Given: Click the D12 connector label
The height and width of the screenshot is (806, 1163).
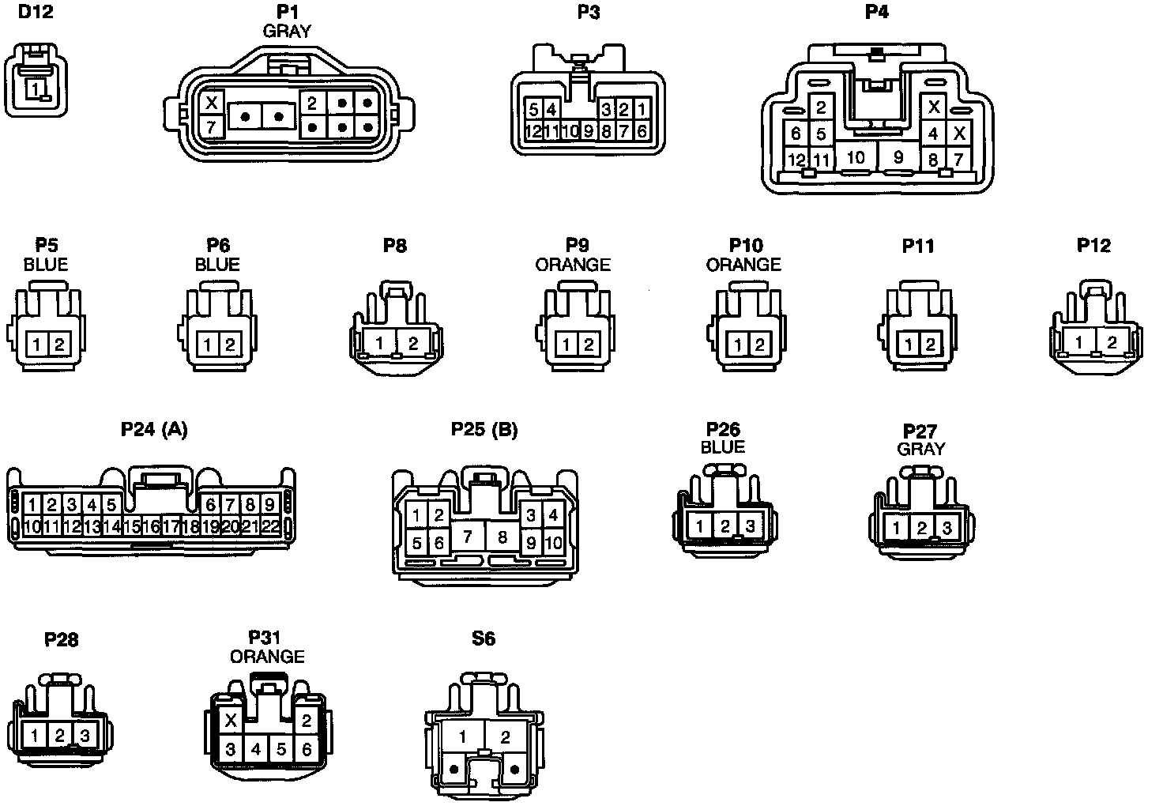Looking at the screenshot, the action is coord(36,12).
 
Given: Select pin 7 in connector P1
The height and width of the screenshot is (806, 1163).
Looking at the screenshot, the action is coord(211,126).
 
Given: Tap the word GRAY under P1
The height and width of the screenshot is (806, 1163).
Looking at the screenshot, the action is coord(286,31).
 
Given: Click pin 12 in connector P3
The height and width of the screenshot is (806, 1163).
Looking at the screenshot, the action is coord(533,131).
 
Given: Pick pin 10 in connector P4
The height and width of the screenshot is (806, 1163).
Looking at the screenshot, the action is coord(856,157).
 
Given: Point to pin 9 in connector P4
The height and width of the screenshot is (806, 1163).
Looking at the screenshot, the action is coord(898,157).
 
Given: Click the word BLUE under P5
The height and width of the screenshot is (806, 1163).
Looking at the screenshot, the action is coord(46,264).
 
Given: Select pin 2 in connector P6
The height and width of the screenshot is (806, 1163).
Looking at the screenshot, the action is coord(230,345).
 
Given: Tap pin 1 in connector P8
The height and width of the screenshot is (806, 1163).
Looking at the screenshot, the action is coord(380,343).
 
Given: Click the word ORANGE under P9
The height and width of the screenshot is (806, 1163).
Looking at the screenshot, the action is coord(573,264).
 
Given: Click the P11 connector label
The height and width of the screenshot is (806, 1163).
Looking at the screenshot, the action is coord(917,246).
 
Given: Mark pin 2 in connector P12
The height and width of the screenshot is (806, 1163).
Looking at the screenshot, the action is coord(1112,343).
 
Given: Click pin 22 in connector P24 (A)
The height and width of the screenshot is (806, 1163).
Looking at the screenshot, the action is coord(269,525).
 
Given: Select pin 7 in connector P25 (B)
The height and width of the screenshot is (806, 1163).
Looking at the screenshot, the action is coord(468,537).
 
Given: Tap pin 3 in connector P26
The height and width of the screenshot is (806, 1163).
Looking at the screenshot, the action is coord(750,525).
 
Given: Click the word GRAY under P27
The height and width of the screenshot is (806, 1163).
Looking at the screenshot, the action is coord(920,449).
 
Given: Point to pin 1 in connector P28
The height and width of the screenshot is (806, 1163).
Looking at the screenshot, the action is coord(35,735).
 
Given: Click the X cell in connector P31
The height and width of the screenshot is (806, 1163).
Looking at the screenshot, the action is coord(231,720).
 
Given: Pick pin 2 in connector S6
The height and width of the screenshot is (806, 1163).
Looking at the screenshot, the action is coord(505,738).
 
